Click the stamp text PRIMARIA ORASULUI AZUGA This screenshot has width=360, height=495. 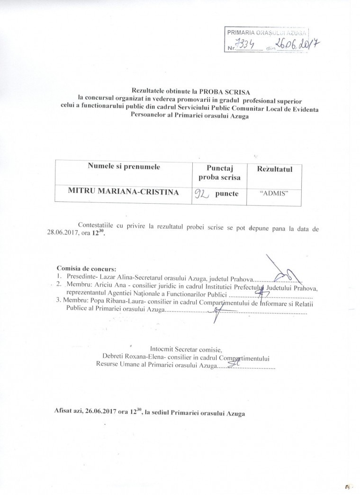tap(267, 33)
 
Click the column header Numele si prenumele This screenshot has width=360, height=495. tap(124, 167)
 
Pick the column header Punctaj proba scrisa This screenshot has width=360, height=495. tap(217, 173)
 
